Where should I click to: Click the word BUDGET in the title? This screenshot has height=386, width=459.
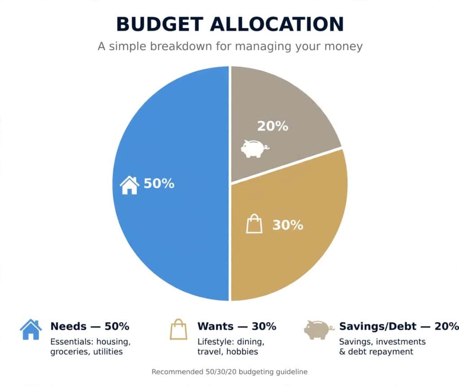[160, 24]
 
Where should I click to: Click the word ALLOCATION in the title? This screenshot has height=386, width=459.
[277, 24]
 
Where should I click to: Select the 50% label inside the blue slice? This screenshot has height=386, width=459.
[159, 184]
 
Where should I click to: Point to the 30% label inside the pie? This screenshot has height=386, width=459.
[288, 225]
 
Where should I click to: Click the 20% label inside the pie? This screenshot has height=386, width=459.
[273, 126]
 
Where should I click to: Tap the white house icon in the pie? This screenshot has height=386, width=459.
[130, 185]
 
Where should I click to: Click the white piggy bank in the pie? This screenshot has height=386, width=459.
[255, 148]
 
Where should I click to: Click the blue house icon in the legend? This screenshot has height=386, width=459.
[31, 330]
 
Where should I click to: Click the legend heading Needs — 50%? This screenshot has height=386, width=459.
[90, 326]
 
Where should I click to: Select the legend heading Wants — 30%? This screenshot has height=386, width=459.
[237, 326]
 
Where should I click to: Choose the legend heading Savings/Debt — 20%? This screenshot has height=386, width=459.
[398, 326]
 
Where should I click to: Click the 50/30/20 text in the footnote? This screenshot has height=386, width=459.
[221, 372]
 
